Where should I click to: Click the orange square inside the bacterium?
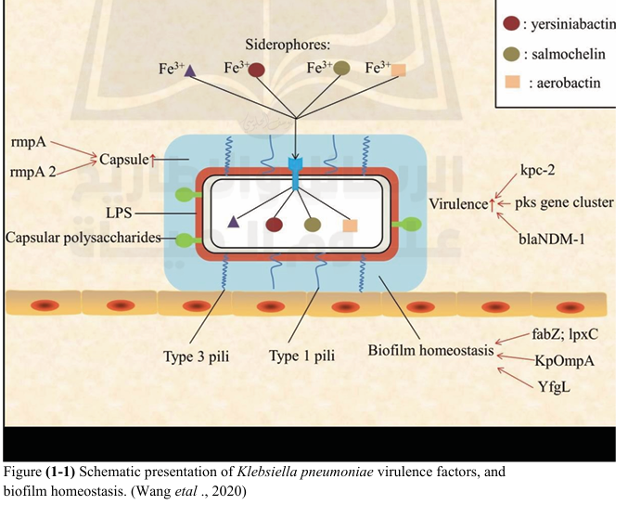point(350,224)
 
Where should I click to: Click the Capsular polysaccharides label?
point(83,239)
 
